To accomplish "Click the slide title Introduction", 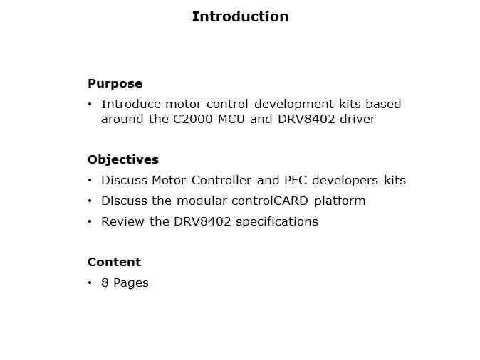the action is pos(240,16).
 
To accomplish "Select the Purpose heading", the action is pos(115,83).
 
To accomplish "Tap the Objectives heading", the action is pos(123,160).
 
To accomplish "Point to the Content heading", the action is pos(114,262).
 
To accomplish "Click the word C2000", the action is pos(192,119).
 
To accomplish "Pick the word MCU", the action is pos(231,119).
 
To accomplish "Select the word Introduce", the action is pos(131,104).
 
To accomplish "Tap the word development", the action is pos(294,105).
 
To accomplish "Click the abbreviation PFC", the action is pos(296,180).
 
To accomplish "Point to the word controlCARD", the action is pos(270,201).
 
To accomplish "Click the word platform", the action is pos(340,201).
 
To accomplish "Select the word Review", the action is pos(122,221).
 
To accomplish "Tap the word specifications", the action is pos(277,222).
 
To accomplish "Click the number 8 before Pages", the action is pos(105,282).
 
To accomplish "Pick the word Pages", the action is pos(131,283).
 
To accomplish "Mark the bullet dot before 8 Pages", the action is pos(90,282).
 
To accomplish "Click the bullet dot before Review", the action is pos(90,221).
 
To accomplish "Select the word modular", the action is pos(202,201).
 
